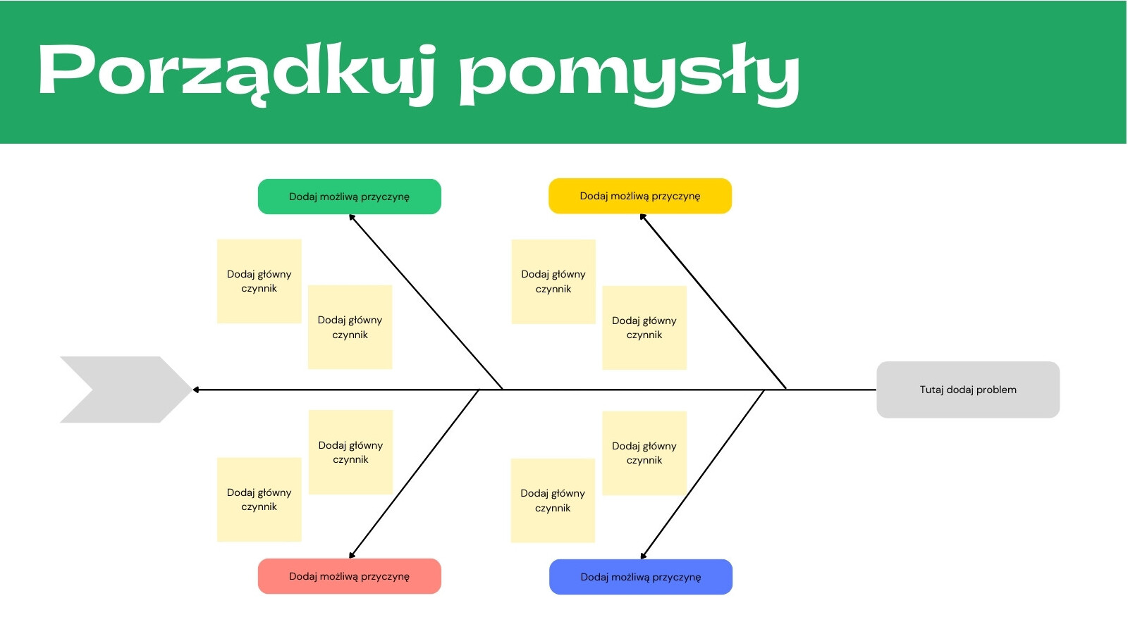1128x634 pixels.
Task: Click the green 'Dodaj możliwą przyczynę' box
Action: [x=350, y=197]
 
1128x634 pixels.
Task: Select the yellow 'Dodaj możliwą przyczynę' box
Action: [x=640, y=196]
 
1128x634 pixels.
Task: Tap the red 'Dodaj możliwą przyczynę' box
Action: [x=350, y=576]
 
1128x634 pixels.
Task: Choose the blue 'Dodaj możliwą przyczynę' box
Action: [x=641, y=577]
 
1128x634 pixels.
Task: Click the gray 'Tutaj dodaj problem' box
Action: [x=968, y=390]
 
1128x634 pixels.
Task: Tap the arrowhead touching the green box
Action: [x=352, y=218]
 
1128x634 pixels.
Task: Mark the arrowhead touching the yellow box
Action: [x=643, y=217]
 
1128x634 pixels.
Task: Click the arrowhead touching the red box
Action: [x=352, y=555]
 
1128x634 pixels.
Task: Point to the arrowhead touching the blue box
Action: [x=643, y=556]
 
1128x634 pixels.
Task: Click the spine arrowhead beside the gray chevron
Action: [x=196, y=390]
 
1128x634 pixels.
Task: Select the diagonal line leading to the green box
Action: [x=426, y=302]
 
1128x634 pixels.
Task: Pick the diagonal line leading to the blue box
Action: [x=702, y=475]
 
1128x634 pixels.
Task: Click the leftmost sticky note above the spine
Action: [x=259, y=281]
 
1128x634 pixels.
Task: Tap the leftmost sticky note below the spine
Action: [x=259, y=499]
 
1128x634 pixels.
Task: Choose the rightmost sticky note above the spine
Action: [x=644, y=328]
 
